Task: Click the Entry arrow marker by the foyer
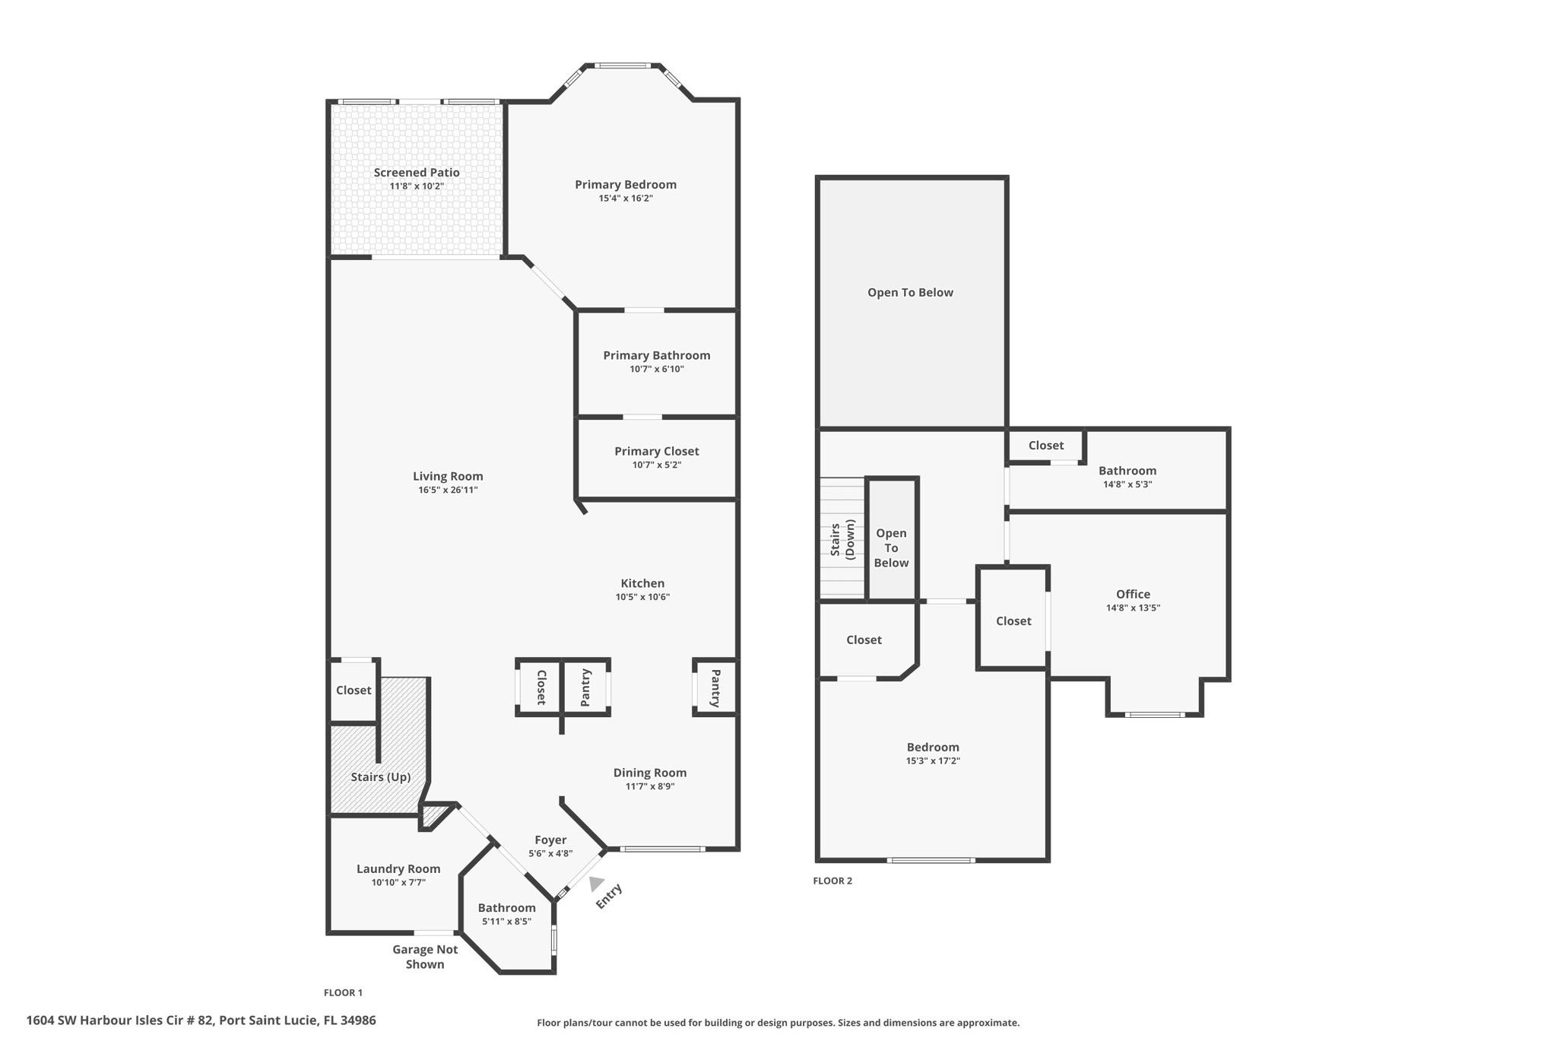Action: pyautogui.click(x=596, y=883)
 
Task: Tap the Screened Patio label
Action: pyautogui.click(x=417, y=173)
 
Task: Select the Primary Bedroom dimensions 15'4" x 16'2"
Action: pyautogui.click(x=626, y=198)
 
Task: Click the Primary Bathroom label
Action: pyautogui.click(x=657, y=355)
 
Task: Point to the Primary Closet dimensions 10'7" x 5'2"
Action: pyautogui.click(x=657, y=465)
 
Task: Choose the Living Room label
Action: pyautogui.click(x=448, y=476)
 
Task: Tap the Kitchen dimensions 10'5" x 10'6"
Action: pyautogui.click(x=642, y=597)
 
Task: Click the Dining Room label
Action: pyautogui.click(x=650, y=773)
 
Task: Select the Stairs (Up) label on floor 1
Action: pyautogui.click(x=381, y=777)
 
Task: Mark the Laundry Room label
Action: pyautogui.click(x=398, y=869)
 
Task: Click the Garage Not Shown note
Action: pyautogui.click(x=425, y=957)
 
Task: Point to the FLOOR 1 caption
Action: pyautogui.click(x=344, y=992)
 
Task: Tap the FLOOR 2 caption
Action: pyautogui.click(x=832, y=881)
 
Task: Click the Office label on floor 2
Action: pyautogui.click(x=1133, y=594)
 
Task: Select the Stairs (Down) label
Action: pyautogui.click(x=842, y=539)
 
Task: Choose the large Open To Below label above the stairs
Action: pyautogui.click(x=910, y=292)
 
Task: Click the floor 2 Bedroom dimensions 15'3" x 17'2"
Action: pyautogui.click(x=933, y=760)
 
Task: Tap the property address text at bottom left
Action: pyautogui.click(x=201, y=1021)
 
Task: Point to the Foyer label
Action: pyautogui.click(x=550, y=840)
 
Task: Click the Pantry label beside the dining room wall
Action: pyautogui.click(x=715, y=688)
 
